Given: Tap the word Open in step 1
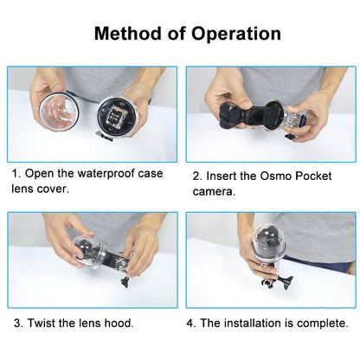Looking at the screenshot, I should (x=42, y=173).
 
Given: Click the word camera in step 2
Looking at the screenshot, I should (x=212, y=190).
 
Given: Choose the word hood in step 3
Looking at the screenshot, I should (x=117, y=323).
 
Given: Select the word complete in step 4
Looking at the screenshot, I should (x=325, y=323).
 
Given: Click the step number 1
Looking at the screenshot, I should (x=15, y=173).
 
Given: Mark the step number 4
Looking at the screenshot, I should (x=190, y=323).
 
